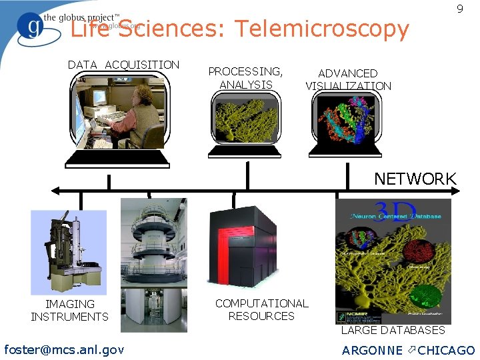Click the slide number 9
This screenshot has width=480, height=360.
coord(459,9)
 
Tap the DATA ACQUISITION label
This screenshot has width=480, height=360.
coord(123,65)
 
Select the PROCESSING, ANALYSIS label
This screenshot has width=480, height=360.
coord(245,77)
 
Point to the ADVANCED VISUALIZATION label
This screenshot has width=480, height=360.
coord(348,79)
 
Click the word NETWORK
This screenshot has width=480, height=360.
coord(415,179)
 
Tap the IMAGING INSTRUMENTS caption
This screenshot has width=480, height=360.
coord(69,310)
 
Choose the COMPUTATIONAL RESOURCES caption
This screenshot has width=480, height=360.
coord(261,309)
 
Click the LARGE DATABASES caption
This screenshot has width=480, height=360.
coord(393,330)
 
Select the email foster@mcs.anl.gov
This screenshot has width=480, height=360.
coord(64,349)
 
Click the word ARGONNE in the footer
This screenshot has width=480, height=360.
coord(372,350)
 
